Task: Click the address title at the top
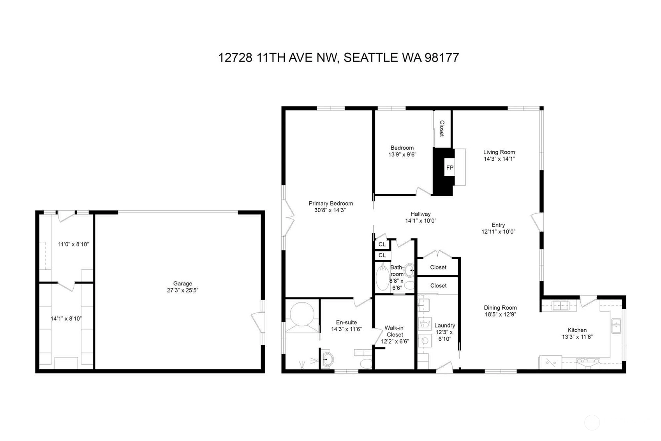[338, 58]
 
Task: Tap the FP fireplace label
[450, 168]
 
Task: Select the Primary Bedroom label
[330, 204]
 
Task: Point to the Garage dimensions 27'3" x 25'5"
[182, 290]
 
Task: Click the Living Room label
[499, 152]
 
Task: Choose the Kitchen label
[577, 330]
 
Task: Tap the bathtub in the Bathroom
[382, 277]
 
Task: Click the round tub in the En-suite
[302, 314]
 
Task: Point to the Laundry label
[444, 326]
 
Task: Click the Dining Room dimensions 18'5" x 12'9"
[500, 315]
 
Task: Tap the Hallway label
[421, 214]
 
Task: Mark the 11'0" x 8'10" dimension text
[73, 244]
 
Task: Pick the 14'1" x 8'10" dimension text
[66, 319]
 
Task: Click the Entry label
[498, 225]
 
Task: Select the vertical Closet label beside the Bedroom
[442, 129]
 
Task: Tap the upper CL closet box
[382, 244]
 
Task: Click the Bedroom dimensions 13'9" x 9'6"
[402, 154]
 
